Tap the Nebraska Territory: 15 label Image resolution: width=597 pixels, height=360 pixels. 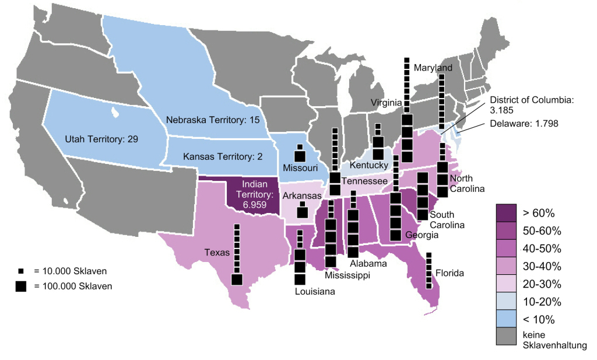click(x=212, y=120)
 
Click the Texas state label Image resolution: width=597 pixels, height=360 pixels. click(x=216, y=253)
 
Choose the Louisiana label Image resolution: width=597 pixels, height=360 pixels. click(x=315, y=292)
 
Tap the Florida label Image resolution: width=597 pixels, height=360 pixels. click(x=449, y=272)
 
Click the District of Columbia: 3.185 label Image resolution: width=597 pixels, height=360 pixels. click(x=531, y=105)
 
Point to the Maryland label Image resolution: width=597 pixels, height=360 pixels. click(x=433, y=68)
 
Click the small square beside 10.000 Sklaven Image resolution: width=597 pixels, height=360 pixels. click(x=21, y=271)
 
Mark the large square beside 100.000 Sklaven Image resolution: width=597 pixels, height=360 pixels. click(x=22, y=286)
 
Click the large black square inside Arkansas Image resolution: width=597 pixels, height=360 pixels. click(x=303, y=212)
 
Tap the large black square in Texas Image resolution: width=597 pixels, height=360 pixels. click(x=237, y=279)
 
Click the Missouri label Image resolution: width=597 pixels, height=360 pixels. click(x=300, y=168)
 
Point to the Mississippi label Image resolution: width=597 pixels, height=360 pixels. click(x=347, y=275)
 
